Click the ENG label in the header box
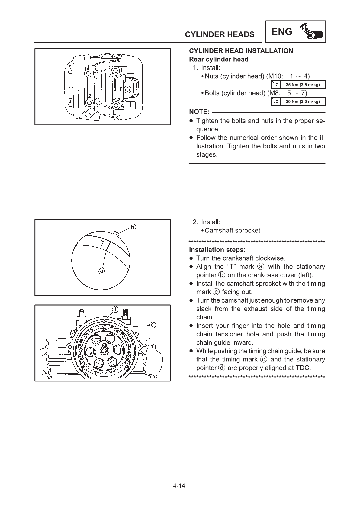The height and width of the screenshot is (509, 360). point(282,31)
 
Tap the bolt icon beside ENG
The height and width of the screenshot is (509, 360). point(312,32)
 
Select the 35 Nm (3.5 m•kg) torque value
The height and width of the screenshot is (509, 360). point(303,85)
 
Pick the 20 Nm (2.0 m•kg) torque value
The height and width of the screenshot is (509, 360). point(303,102)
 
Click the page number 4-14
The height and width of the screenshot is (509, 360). point(179,486)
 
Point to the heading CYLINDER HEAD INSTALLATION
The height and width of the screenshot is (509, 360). point(241,51)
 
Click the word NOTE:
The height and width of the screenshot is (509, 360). point(199,112)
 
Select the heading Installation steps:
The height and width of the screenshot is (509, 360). point(217,250)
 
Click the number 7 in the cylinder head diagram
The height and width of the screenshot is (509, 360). point(70,100)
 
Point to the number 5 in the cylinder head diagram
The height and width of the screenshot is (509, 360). point(121,89)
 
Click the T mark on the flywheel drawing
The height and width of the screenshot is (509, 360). point(103,244)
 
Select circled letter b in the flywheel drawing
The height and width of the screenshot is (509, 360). point(133,227)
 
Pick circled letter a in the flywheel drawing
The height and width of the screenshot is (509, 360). point(102,271)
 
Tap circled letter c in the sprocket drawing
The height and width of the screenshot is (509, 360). point(153,325)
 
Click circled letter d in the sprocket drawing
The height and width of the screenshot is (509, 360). point(115,309)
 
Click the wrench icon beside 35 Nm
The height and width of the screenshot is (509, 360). point(275,85)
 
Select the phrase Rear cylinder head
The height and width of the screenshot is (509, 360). point(219,59)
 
